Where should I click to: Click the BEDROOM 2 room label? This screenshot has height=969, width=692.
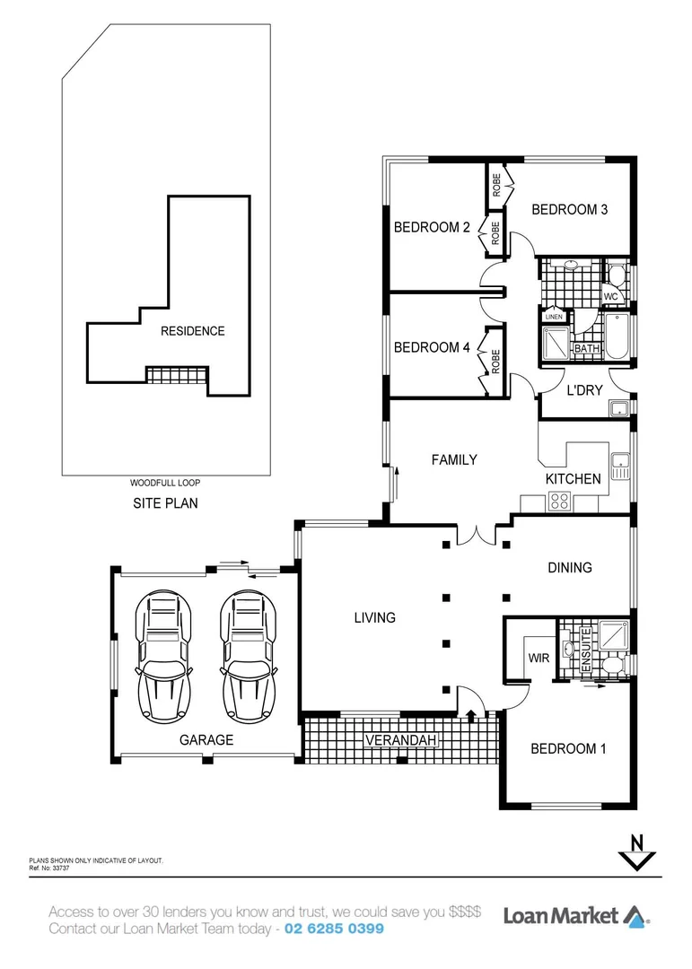pos(432,228)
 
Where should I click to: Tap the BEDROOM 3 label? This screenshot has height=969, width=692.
pos(570,210)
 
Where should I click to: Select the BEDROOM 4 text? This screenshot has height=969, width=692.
pos(432,348)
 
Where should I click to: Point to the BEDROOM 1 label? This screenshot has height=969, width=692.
pos(568,748)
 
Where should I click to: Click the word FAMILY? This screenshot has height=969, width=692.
pos(454,460)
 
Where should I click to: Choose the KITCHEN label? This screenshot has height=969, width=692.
pos(573,479)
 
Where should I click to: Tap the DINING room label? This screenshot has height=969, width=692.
pos(570,568)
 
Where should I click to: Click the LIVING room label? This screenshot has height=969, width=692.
pos(374,617)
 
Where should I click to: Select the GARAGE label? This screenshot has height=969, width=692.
pos(206,740)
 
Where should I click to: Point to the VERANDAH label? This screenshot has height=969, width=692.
pos(400,740)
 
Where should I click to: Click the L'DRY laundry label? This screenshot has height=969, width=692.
pos(583,391)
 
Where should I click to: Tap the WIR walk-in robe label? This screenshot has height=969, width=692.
pos(539,658)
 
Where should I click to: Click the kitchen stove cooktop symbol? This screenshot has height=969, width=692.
pos(561,502)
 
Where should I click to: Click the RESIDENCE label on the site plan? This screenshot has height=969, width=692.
pos(192,331)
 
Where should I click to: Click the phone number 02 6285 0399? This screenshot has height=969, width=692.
pos(335,929)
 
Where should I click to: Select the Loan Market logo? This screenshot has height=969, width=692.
pos(574,916)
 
